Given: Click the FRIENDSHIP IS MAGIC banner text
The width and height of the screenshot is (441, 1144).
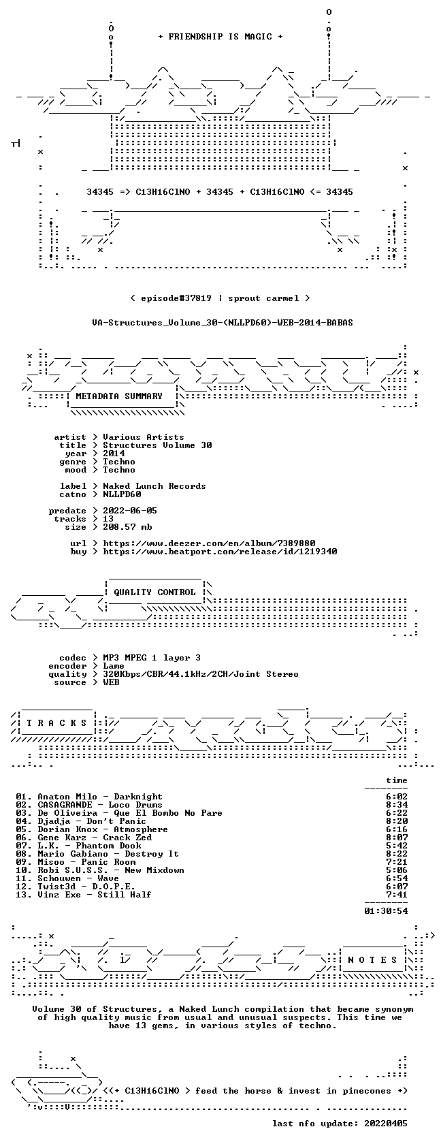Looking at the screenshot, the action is click(220, 37).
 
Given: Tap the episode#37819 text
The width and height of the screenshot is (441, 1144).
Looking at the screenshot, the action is click(176, 298).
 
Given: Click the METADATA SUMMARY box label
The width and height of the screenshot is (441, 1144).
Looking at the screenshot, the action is click(119, 396).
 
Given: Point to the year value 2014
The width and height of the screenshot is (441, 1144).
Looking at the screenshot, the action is click(114, 454).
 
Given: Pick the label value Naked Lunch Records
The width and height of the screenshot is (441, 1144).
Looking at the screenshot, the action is click(154, 486).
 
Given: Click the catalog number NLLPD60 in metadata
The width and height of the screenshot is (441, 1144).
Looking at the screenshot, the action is click(122, 494).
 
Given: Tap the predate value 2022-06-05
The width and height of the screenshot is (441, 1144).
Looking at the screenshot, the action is click(130, 511).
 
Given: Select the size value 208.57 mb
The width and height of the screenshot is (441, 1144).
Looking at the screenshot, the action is click(128, 527).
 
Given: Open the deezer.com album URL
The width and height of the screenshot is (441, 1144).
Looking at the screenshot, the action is click(210, 543).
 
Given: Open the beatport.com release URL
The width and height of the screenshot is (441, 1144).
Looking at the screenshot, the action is click(220, 552).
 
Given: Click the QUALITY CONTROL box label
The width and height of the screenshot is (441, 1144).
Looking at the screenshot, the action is click(154, 592).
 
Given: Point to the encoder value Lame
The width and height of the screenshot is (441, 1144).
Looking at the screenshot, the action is click(114, 666).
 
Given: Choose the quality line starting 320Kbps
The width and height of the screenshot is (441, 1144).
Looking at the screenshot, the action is click(201, 674).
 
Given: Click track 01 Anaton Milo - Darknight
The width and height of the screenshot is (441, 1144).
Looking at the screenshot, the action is click(89, 797).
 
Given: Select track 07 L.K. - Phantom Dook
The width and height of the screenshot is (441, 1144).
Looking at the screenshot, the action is click(79, 846).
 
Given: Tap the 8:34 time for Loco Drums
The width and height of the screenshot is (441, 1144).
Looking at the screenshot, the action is click(397, 805).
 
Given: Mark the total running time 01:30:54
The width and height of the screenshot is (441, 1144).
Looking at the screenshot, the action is click(386, 911).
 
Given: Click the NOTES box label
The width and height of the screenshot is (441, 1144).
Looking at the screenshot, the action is click(372, 960).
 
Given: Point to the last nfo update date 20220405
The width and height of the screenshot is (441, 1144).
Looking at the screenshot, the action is click(386, 1124).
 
